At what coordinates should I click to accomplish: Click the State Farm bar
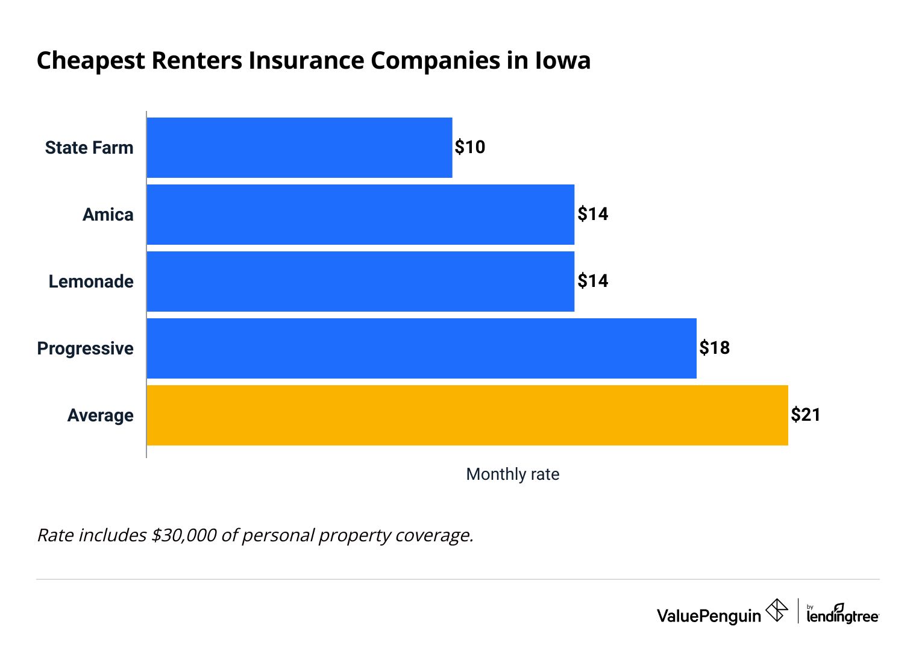pos(300,148)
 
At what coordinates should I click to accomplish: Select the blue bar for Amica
pos(360,215)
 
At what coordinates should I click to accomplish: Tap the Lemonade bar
pos(360,282)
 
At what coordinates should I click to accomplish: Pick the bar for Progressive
pos(421,348)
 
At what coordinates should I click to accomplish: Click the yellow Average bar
pos(467,415)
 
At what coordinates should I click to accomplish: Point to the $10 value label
pos(470,147)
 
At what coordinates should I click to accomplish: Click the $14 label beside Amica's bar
pos(593,214)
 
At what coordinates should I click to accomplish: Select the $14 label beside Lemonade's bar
pos(593,281)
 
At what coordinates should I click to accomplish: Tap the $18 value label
pos(715,348)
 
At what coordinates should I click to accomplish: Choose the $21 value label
pos(806,415)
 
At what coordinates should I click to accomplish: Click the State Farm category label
pos(89,148)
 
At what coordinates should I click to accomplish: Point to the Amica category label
pos(108,215)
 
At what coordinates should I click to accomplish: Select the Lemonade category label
pos(91,282)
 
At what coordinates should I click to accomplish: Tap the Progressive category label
pos(85,348)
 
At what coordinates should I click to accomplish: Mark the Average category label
pos(100,415)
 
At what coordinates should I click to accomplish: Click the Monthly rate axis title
pos(513,474)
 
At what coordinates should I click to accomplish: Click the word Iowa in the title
pos(562,61)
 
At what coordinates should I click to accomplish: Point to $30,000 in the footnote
pos(184,535)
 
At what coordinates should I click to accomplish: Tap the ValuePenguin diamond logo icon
pos(777,610)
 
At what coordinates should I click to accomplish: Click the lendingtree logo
pos(842,614)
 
